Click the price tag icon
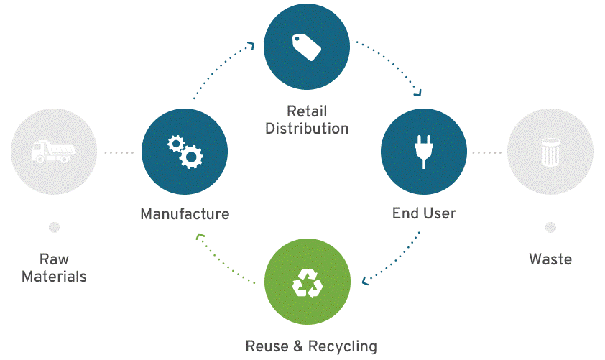pyautogui.click(x=307, y=47)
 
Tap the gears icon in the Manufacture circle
pyautogui.click(x=185, y=152)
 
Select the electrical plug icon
pyautogui.click(x=424, y=152)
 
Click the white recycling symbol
pyautogui.click(x=308, y=284)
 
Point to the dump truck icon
pyautogui.click(x=54, y=151)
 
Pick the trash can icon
pyautogui.click(x=550, y=152)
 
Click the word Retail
pyautogui.click(x=307, y=111)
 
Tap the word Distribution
pyautogui.click(x=307, y=129)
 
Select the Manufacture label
pyautogui.click(x=185, y=213)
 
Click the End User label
pyautogui.click(x=424, y=213)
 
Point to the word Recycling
pyautogui.click(x=343, y=346)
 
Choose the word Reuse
pyautogui.click(x=267, y=346)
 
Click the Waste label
pyautogui.click(x=550, y=259)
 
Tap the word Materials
pyautogui.click(x=54, y=277)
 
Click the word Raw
pyautogui.click(x=54, y=259)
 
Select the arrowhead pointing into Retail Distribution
pyautogui.click(x=251, y=45)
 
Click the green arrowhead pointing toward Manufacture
pyautogui.click(x=200, y=236)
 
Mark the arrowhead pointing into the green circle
pyautogui.click(x=364, y=280)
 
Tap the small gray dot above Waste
pyautogui.click(x=550, y=227)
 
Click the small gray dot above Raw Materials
pyautogui.click(x=54, y=227)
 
